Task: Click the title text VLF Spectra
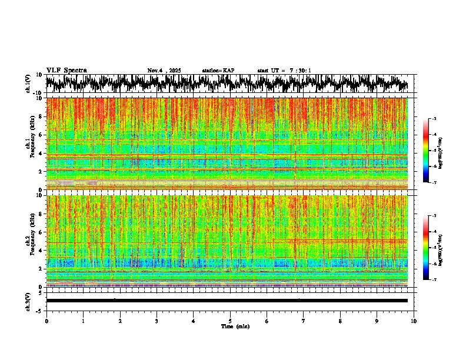point(66,70)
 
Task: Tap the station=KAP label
point(218,71)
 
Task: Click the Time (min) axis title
point(235,326)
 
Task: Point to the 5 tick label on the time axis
point(230,321)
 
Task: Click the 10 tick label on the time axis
point(414,321)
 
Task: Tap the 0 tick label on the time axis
point(46,321)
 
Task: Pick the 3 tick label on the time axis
point(157,321)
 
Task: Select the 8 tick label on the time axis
point(340,321)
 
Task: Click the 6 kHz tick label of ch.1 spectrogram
point(40,135)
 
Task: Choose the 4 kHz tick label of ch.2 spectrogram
point(40,250)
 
